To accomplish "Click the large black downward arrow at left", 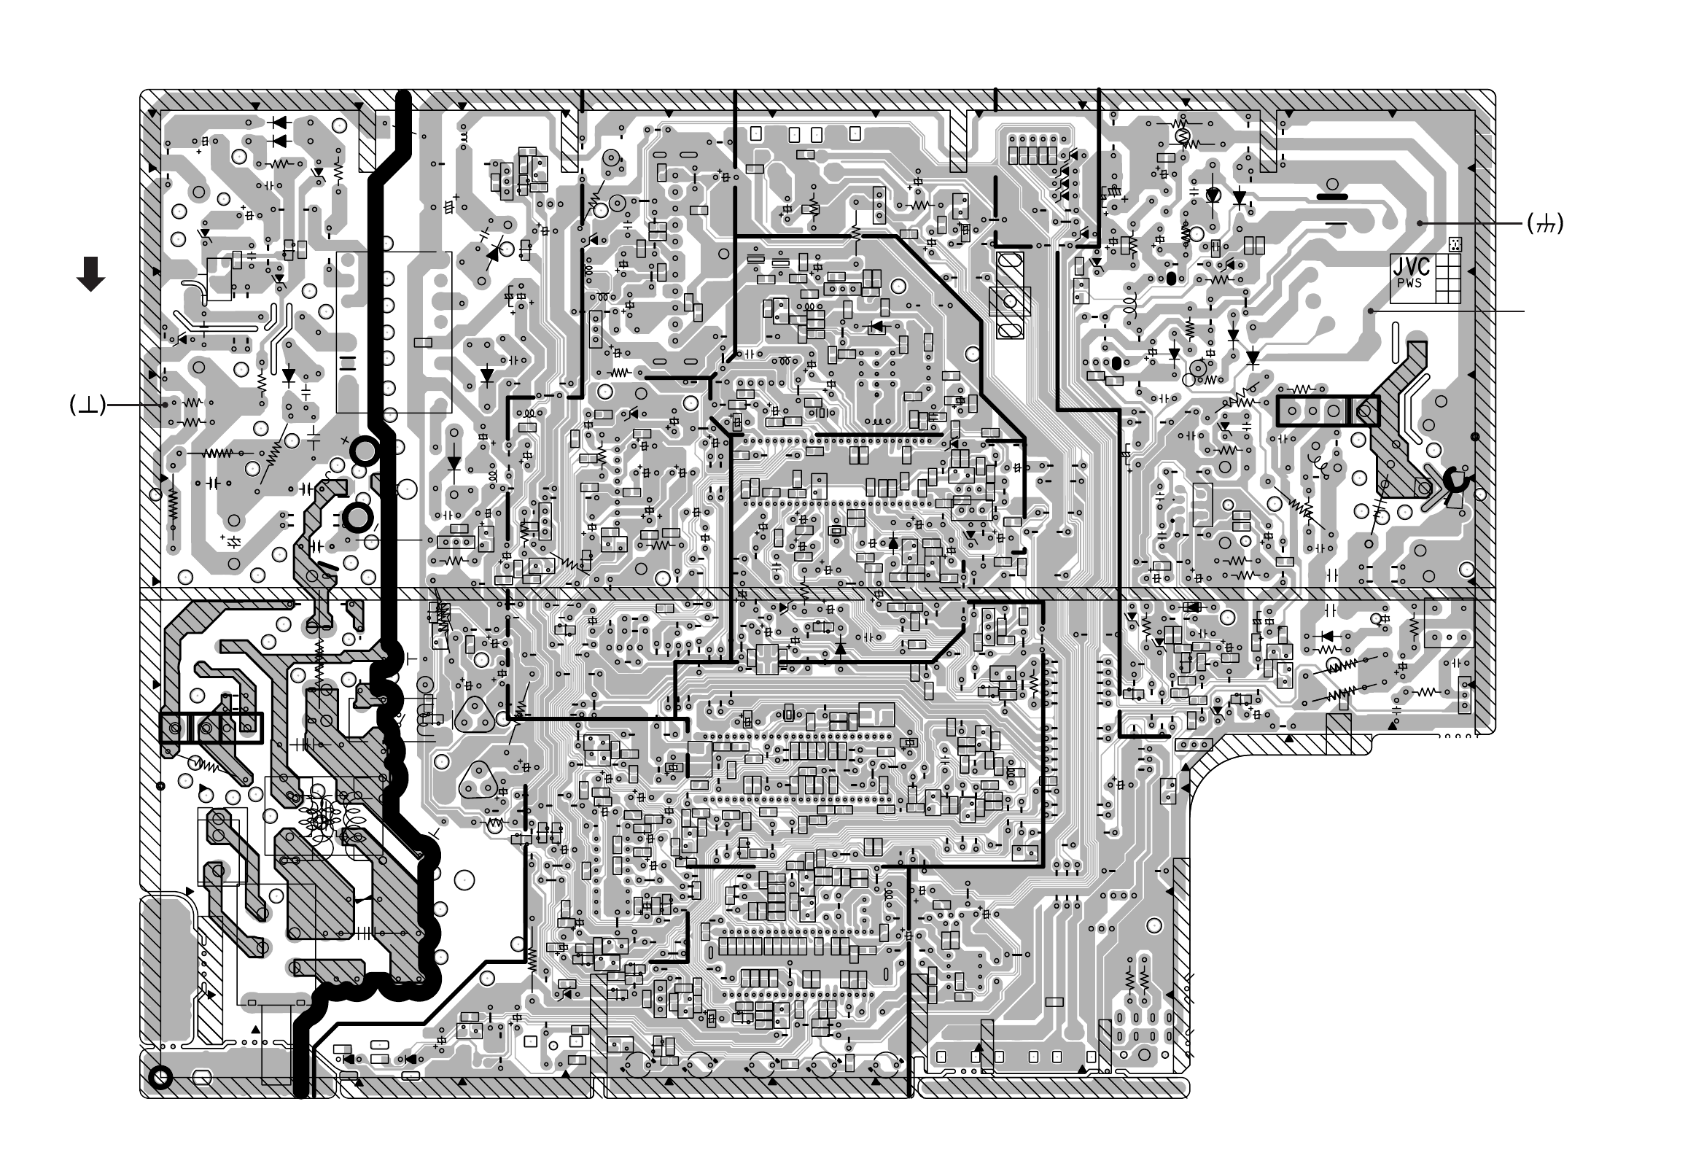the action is click(91, 274).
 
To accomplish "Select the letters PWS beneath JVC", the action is click(1409, 283).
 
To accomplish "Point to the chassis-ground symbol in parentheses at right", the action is click(1545, 223).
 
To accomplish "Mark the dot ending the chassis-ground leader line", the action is click(1420, 223).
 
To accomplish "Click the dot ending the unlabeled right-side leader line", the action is click(1370, 311).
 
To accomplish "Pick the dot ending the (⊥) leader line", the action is click(165, 404).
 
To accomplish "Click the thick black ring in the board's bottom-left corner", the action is click(159, 1077).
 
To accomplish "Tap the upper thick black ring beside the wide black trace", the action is click(365, 451).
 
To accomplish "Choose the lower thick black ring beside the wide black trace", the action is click(358, 518).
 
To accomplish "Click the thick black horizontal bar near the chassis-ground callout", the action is click(1332, 197).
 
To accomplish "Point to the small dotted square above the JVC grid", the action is click(1455, 244).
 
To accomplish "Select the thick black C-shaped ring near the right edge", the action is click(1455, 481).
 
